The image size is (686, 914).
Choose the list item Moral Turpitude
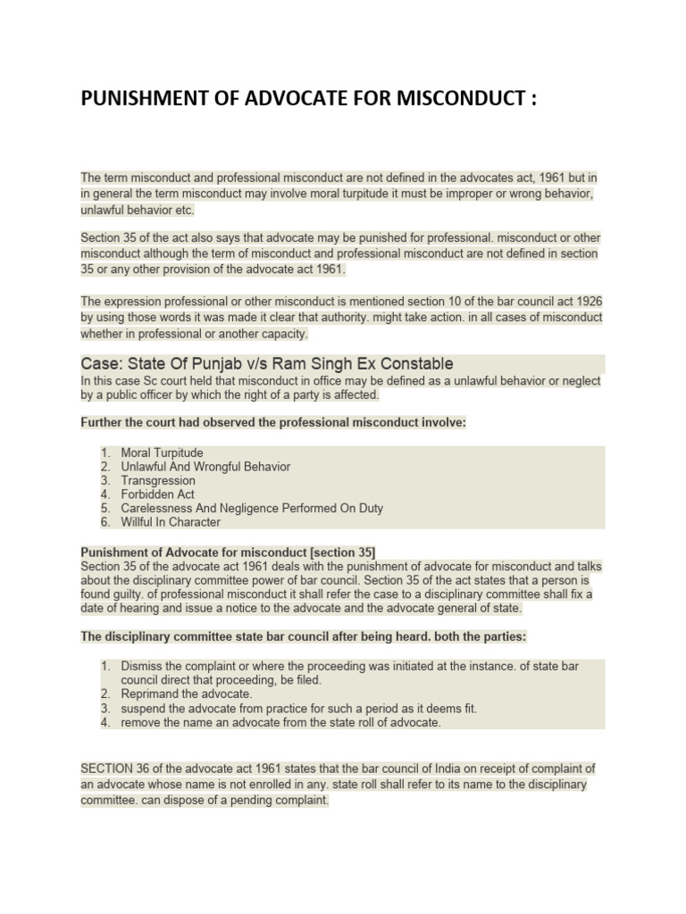coord(162,453)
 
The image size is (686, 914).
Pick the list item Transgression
coord(158,480)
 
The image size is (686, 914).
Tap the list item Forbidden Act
coord(157,494)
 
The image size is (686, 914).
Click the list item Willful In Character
coord(170,522)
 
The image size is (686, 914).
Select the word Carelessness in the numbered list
coord(155,508)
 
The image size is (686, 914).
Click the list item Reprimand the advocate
coord(187,694)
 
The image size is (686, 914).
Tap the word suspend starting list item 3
coord(143,708)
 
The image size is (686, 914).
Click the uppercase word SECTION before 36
coord(106,769)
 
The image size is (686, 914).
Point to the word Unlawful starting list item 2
coord(146,467)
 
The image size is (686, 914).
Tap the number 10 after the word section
coord(406,302)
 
